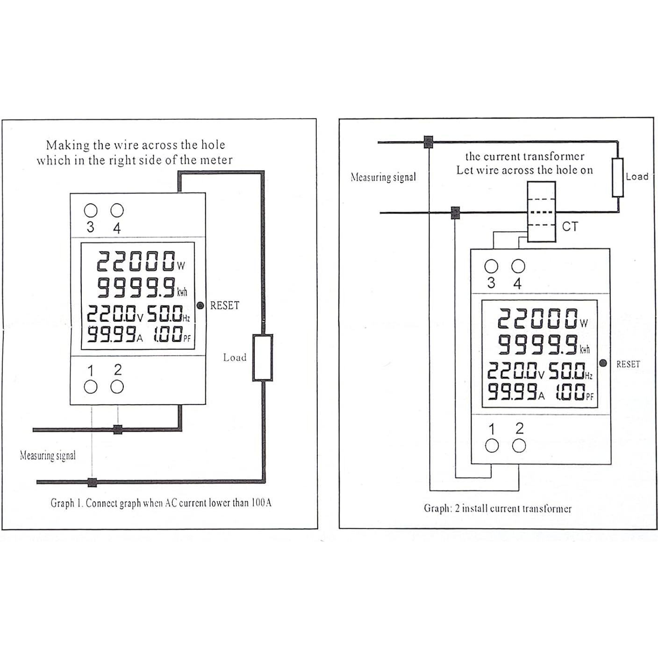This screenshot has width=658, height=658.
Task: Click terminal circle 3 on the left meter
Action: point(90,210)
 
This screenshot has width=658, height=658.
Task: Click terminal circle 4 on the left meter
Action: point(117,210)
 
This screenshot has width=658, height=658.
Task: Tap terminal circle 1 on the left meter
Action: point(90,387)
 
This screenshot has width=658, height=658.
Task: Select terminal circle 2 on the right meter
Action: point(519,446)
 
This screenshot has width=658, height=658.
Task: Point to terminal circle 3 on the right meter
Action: point(491,266)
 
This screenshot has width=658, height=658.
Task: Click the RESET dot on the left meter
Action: point(200,306)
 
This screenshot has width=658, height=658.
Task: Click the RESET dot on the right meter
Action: point(603,363)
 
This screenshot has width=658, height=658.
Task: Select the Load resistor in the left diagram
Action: point(263,358)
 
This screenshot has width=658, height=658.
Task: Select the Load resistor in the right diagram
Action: point(618,178)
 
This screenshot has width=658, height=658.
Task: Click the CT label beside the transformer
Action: point(570,227)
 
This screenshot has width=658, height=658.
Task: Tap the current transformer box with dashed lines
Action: point(541,212)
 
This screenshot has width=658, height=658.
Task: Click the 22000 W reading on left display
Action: point(140,262)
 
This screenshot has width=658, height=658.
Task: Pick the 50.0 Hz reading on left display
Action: point(168,314)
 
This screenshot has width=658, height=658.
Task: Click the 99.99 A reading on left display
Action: point(115,335)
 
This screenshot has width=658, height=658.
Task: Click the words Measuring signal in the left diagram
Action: point(48,456)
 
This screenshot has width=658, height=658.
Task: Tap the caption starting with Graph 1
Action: point(161,503)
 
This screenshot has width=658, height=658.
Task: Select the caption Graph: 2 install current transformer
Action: point(497,508)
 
